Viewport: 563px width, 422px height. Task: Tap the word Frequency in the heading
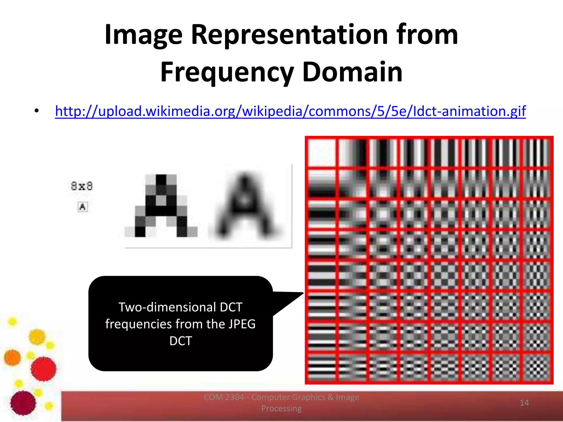tap(227, 72)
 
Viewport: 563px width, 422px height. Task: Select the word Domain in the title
tap(352, 72)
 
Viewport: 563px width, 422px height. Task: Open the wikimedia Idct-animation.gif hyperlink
tap(290, 111)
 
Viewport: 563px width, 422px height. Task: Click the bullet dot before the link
tap(37, 111)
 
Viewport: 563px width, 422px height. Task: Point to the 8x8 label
tap(82, 186)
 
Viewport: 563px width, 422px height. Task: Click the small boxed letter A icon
tap(82, 207)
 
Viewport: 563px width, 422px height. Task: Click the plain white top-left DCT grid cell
tap(322, 153)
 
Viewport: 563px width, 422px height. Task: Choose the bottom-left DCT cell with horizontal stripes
tap(322, 368)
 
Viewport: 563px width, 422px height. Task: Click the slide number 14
tap(524, 403)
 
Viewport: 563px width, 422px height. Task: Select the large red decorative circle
tap(43, 369)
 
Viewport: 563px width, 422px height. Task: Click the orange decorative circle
tap(12, 357)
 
